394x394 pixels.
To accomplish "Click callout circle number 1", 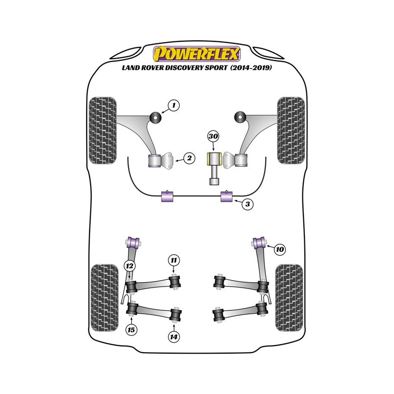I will (173, 104).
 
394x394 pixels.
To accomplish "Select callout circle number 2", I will (188, 158).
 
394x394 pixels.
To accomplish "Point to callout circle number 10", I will (279, 250).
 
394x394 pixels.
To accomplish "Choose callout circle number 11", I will (173, 260).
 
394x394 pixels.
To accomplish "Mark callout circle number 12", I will (129, 266).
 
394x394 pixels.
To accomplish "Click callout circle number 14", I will (174, 337).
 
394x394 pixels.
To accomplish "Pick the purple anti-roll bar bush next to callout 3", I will (228, 197).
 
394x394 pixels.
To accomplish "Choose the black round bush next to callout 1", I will (157, 117).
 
